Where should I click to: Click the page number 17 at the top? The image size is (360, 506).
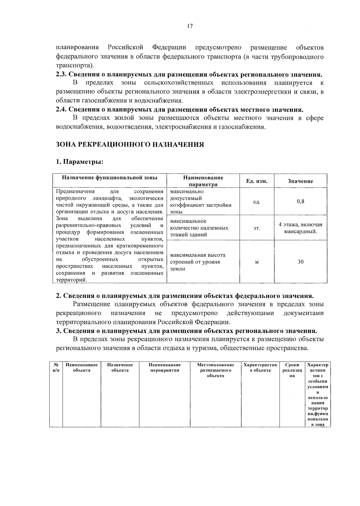tap(190, 26)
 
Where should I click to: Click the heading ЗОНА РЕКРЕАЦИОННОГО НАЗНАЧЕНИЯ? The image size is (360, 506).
tap(130, 145)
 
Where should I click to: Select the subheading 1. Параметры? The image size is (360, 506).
tap(79, 162)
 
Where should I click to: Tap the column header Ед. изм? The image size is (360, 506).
tap(256, 181)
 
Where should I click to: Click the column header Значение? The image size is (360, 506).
tap(300, 181)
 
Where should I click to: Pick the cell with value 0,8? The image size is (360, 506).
tap(300, 201)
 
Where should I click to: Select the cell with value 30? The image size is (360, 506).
tap(300, 262)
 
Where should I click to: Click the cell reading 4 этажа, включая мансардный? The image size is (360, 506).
tap(300, 228)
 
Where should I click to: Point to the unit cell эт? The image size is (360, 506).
tap(256, 228)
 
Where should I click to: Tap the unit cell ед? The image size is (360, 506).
tap(256, 202)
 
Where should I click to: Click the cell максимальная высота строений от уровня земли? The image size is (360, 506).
tap(198, 262)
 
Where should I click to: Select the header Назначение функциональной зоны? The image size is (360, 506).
tap(109, 178)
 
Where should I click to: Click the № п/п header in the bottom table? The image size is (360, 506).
tap(56, 368)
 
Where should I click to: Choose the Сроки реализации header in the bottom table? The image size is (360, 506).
tap(290, 370)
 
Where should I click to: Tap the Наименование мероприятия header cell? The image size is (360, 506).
tap(165, 368)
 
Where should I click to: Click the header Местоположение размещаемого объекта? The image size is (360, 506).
tap(215, 370)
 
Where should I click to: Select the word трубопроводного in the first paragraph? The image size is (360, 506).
tap(300, 56)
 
